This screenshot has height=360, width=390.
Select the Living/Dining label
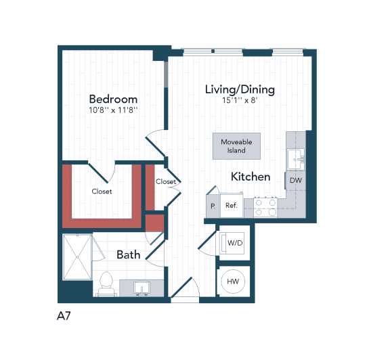click(x=240, y=89)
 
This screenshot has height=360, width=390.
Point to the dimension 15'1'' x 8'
click(x=240, y=100)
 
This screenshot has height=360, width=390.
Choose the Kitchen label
click(x=251, y=177)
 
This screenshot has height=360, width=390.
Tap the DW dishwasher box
click(x=295, y=181)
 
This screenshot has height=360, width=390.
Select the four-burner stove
click(x=265, y=206)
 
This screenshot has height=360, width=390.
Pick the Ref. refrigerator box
click(x=231, y=205)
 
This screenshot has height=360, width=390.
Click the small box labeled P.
click(x=212, y=206)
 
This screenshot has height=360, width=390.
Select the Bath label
click(x=129, y=255)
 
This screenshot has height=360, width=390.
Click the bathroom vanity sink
click(x=142, y=288)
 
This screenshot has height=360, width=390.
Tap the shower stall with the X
click(x=77, y=256)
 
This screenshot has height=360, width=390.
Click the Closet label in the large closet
click(x=102, y=192)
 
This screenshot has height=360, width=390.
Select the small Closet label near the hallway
click(x=166, y=181)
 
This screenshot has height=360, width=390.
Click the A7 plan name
click(x=65, y=315)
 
